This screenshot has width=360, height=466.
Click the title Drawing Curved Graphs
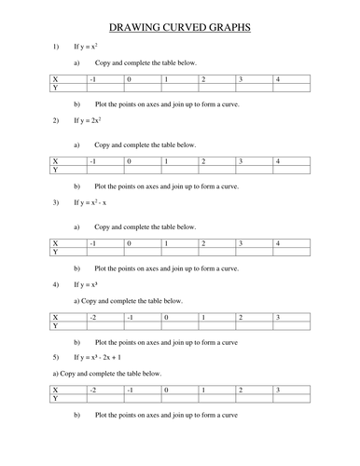coord(180,28)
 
